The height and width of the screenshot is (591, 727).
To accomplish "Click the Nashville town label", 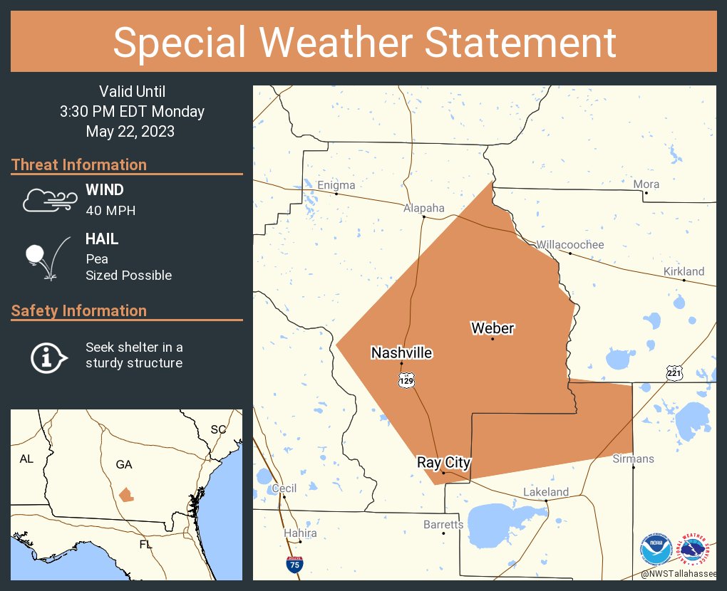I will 401,352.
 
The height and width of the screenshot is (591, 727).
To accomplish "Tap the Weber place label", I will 493,328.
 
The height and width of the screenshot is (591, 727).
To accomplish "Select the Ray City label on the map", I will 444,463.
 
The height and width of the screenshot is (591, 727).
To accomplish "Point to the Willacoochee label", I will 570,245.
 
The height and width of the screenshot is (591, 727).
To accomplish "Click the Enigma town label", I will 336,186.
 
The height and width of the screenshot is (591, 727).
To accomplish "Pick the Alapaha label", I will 423,209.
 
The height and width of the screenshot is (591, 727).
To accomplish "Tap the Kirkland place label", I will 684,271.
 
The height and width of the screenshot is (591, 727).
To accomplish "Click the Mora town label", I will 646,184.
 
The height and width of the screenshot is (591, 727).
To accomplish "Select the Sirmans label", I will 633,459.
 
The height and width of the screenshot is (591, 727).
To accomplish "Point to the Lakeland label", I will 546,492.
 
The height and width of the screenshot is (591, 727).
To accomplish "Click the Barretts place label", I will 443,525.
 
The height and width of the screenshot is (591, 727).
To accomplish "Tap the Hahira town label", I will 300,533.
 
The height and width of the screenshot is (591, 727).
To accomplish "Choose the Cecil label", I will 284,488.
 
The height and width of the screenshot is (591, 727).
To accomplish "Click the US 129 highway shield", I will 406,380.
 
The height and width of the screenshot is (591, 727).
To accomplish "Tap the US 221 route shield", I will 674,372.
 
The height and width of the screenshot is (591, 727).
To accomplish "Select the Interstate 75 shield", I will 294,565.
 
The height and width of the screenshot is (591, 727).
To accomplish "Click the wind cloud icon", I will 49,200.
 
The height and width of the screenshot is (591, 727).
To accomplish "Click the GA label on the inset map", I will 124,464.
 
